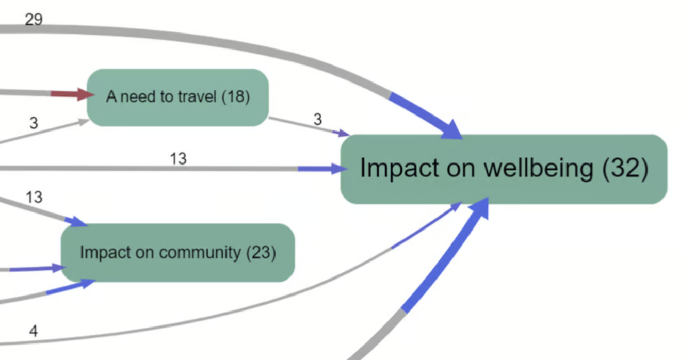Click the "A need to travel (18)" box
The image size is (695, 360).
click(177, 97)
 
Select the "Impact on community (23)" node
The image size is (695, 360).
click(177, 253)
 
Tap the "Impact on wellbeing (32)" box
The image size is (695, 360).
click(503, 169)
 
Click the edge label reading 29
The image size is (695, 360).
click(34, 20)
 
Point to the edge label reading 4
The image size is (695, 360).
click(34, 331)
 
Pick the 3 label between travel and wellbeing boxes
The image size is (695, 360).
click(317, 119)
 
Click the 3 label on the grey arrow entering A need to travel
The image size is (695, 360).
click(34, 123)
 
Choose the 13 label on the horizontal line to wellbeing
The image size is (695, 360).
click(178, 158)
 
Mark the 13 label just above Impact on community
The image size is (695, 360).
click(34, 197)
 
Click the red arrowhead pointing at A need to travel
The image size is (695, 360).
click(84, 94)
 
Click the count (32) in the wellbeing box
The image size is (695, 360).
click(625, 169)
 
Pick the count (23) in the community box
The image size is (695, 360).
click(261, 253)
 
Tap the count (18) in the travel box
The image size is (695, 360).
click(236, 96)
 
